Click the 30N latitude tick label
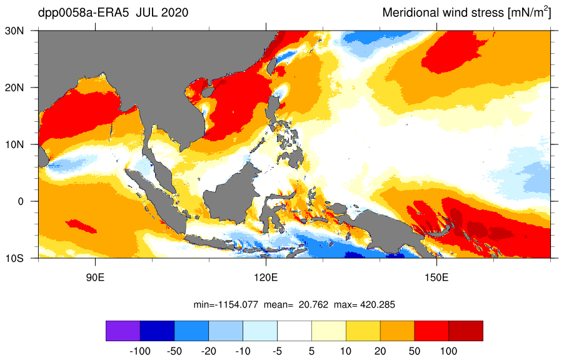(x=14, y=31)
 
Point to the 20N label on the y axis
(x=14, y=87)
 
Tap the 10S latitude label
(x=14, y=258)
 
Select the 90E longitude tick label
(x=95, y=277)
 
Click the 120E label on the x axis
(x=266, y=277)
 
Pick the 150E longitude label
(x=436, y=277)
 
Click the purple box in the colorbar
(x=123, y=331)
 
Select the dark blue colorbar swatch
(x=157, y=331)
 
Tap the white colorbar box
(x=295, y=331)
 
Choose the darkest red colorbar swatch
(x=466, y=331)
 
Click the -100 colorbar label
(x=140, y=351)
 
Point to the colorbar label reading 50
(x=415, y=351)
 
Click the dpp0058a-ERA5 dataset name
(x=83, y=13)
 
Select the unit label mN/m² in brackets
(x=529, y=12)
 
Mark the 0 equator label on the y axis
(x=21, y=201)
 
